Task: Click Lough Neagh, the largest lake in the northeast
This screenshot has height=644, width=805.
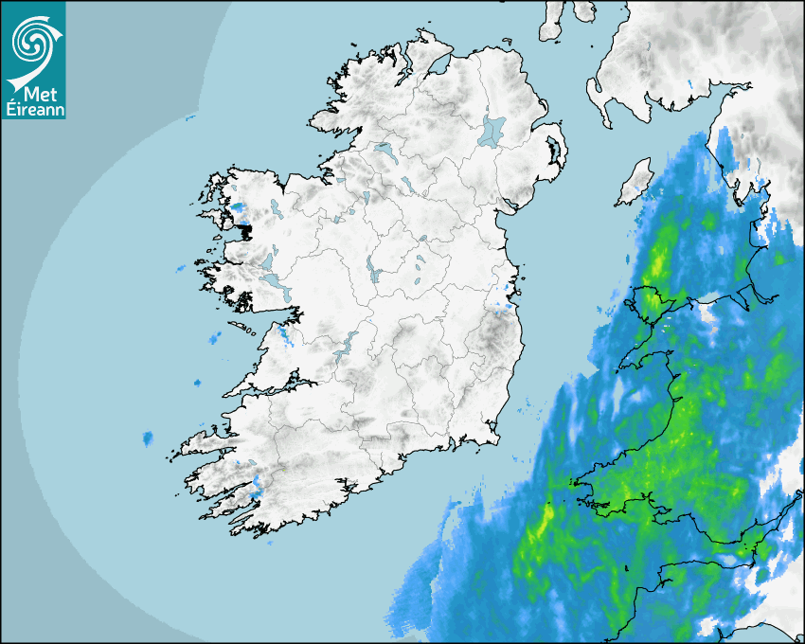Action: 492,131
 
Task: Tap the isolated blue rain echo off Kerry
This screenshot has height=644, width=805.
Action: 148,438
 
